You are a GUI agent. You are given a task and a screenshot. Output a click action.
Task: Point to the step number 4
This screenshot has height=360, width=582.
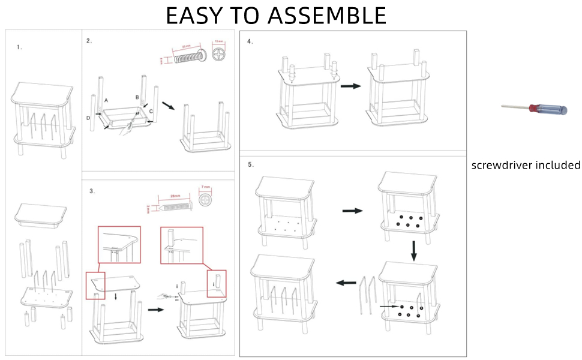coord(250,41)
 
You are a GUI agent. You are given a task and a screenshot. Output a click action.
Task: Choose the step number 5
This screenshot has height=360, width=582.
coord(250,163)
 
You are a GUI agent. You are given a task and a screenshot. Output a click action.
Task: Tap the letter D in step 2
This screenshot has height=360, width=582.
coord(88,118)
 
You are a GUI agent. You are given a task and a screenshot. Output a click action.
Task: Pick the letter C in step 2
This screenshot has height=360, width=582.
coord(151,112)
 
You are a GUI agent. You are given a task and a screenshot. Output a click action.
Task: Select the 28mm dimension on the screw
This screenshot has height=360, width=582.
coord(175,196)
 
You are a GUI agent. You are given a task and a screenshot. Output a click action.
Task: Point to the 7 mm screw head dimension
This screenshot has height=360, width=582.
coord(205,188)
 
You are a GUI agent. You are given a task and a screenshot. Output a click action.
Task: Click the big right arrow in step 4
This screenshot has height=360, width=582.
coord(350,86)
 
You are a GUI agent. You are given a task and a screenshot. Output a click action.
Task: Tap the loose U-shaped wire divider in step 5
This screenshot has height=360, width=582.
coord(367,294)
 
